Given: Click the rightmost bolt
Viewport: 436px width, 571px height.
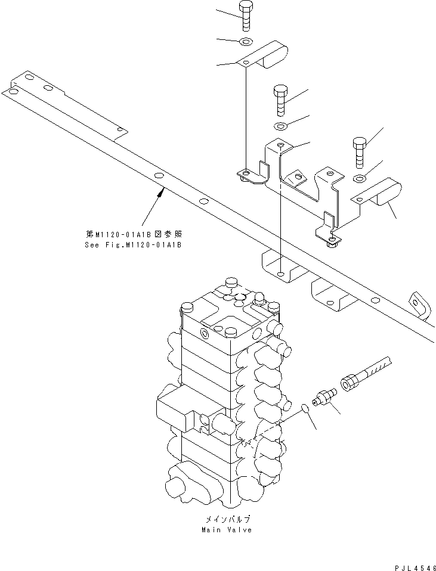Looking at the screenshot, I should pos(360,153).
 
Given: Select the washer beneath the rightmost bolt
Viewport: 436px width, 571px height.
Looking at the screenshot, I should pos(360,178).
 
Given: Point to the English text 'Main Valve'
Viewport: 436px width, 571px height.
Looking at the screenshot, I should pos(227,530).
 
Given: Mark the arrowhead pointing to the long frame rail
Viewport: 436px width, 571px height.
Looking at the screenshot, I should pos(161,191).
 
